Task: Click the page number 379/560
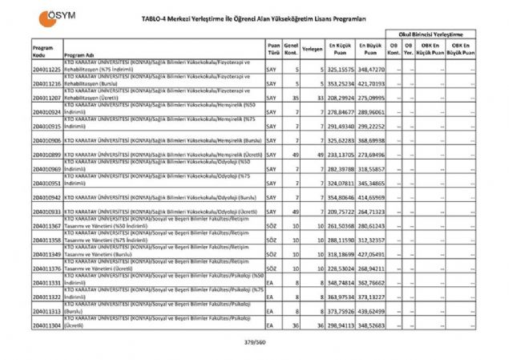[255, 343]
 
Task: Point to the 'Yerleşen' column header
[313, 48]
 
